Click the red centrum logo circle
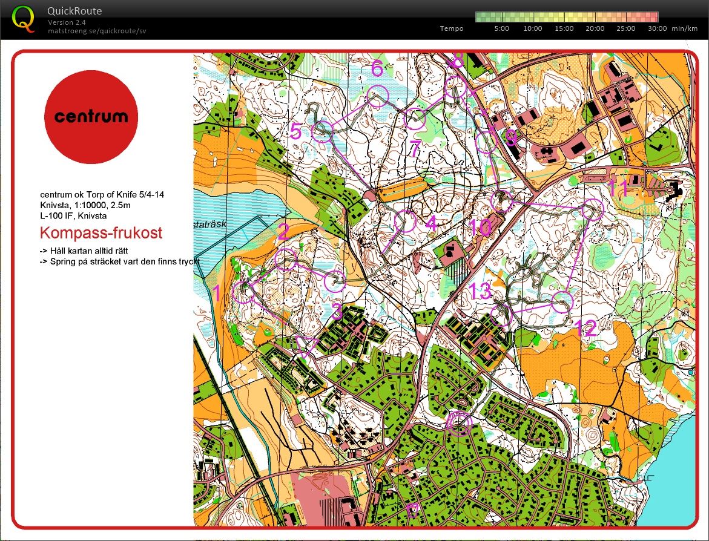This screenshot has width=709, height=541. click(x=91, y=117)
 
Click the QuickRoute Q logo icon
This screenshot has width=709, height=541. click(x=24, y=19)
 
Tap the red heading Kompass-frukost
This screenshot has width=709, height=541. click(x=101, y=233)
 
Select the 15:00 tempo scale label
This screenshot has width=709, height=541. click(x=564, y=28)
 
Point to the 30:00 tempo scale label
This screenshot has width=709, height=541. click(x=657, y=28)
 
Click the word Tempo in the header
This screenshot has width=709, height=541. click(x=452, y=28)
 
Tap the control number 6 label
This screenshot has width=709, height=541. click(x=377, y=69)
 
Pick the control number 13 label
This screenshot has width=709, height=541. click(x=480, y=292)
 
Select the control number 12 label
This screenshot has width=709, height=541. click(x=585, y=329)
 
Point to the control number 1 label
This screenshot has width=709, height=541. click(x=217, y=293)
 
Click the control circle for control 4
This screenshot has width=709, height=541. click(x=406, y=221)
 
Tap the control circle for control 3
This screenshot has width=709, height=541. click(x=335, y=281)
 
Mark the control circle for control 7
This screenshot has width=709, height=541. click(x=415, y=119)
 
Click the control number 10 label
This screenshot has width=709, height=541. click(x=480, y=228)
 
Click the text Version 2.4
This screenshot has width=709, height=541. click(x=66, y=22)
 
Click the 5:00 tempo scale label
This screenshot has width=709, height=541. click(x=501, y=28)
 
